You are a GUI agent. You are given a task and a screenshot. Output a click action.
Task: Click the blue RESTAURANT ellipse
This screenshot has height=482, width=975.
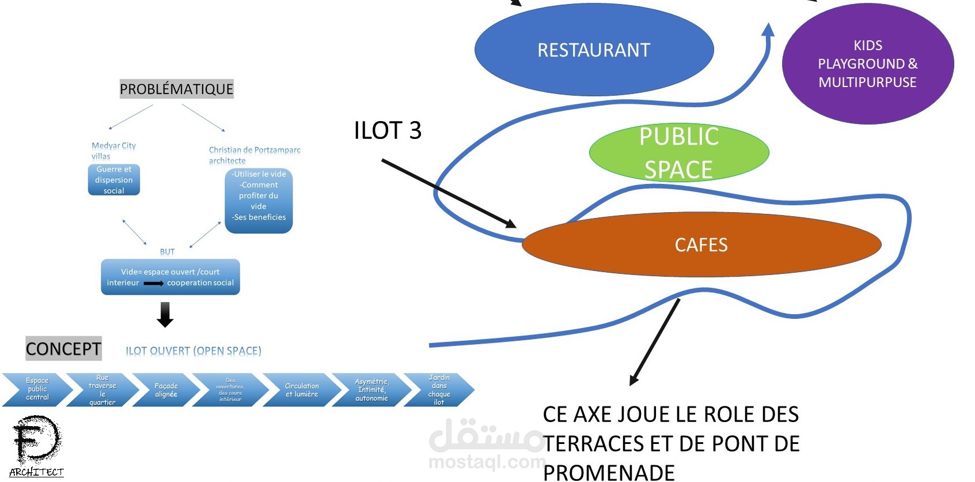[x=594, y=51]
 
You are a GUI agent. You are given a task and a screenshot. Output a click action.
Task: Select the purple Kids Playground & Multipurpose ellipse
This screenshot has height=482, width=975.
[x=867, y=64]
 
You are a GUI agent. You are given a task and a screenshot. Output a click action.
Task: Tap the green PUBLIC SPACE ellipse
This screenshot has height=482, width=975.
[x=679, y=153]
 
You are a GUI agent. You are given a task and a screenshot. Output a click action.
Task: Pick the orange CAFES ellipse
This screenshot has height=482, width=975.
[x=701, y=245]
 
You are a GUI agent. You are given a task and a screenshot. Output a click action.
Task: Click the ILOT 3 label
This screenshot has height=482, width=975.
[x=388, y=131]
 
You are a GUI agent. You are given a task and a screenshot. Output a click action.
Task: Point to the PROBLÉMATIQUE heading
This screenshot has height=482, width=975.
[x=176, y=89]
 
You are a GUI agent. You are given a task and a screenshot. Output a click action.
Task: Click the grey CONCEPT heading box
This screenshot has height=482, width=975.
[x=63, y=349]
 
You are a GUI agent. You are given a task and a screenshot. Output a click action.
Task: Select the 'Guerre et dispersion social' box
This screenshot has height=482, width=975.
[x=114, y=180]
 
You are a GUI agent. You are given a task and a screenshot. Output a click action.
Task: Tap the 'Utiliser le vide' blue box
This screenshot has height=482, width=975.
[x=259, y=201]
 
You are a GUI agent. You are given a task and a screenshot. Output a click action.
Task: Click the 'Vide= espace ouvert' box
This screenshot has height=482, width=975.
[x=170, y=277]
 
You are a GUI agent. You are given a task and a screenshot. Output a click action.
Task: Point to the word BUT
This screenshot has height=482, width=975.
[x=167, y=252]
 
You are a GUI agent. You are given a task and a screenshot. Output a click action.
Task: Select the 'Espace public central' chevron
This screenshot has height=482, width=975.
[x=37, y=389]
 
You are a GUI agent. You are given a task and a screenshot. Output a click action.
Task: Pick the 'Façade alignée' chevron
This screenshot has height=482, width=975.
[x=166, y=390]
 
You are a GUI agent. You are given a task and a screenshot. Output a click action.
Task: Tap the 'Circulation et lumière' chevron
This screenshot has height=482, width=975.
[x=301, y=390]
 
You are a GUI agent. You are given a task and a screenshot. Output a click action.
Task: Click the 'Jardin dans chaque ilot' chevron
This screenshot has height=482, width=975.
[x=439, y=390]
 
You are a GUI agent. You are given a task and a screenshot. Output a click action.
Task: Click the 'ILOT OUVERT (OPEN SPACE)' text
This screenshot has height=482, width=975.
[x=194, y=351]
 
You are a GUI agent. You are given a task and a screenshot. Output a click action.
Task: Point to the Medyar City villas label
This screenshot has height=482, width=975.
[x=113, y=151]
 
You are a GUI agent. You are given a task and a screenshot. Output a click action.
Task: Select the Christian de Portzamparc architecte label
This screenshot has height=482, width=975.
[x=254, y=155]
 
